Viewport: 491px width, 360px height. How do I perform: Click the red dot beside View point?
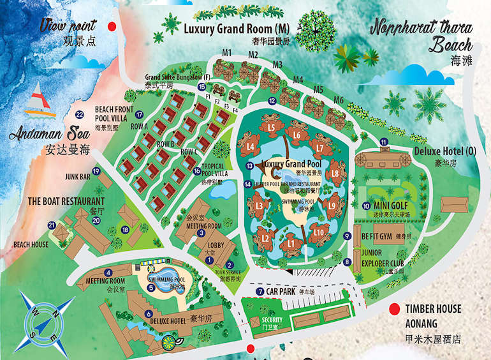point(112,26)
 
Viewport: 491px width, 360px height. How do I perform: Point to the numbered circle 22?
point(80,115)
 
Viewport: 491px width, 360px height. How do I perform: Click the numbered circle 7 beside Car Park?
point(260,292)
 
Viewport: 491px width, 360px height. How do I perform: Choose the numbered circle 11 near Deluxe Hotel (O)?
point(383,142)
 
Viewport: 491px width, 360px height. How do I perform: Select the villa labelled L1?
point(291,243)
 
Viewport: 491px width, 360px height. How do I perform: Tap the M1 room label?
point(226,52)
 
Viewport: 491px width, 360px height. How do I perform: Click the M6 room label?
point(339,100)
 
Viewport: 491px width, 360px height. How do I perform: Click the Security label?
point(272,320)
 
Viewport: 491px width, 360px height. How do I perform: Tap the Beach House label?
point(31,244)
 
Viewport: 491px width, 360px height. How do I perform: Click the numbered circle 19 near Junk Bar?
point(96,170)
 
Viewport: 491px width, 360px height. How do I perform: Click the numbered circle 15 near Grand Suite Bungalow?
point(202,87)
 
